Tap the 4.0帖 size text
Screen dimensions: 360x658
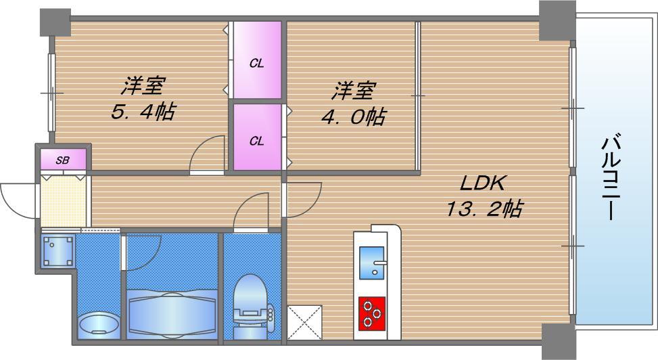coord(352,116)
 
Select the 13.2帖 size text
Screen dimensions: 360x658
coord(483,209)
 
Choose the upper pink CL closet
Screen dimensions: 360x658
coord(257,60)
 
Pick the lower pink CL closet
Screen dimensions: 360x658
coord(257,137)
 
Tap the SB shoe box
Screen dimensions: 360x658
coord(63,160)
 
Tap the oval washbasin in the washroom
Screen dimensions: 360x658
coord(99,325)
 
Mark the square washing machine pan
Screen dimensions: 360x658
coord(57,250)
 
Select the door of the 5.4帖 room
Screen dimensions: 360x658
coord(206,156)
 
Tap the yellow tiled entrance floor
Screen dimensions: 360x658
coord(63,200)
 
